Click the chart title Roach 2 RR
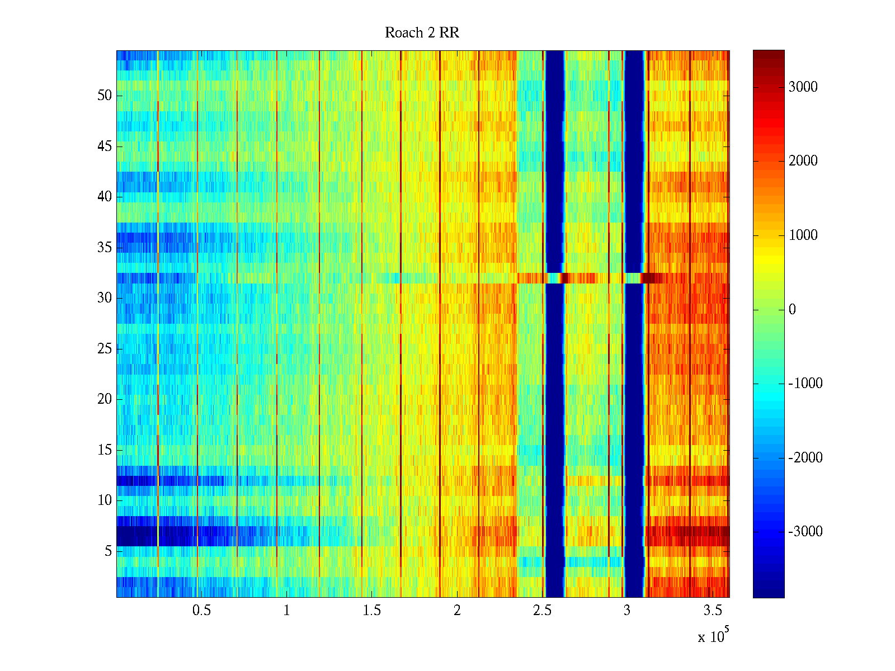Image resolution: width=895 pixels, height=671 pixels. click(x=422, y=33)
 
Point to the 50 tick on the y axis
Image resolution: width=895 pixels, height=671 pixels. click(x=105, y=95)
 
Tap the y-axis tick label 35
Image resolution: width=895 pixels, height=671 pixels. click(x=105, y=247)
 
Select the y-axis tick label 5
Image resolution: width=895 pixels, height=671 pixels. click(x=108, y=551)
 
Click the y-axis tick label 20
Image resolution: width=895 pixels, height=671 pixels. click(x=105, y=399)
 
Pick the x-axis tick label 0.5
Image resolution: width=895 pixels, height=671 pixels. click(x=201, y=611)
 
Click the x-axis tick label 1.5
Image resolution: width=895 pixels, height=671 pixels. click(x=371, y=611)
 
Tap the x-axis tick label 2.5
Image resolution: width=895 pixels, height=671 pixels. click(x=541, y=611)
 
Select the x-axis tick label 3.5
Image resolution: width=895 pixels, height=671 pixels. click(x=712, y=611)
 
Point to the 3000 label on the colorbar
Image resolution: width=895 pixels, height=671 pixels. click(x=803, y=87)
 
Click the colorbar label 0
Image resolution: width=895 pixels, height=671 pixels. click(x=792, y=309)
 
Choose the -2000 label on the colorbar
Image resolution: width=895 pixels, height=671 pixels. click(x=805, y=457)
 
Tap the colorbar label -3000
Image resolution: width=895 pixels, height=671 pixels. click(x=805, y=531)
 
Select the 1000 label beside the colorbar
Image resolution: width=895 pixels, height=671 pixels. click(x=803, y=235)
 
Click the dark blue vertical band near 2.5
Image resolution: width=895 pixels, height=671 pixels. click(x=554, y=391)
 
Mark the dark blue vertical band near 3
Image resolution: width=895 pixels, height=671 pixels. click(x=634, y=391)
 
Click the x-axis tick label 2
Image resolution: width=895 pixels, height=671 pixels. click(x=457, y=611)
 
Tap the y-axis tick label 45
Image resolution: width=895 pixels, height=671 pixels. click(x=105, y=146)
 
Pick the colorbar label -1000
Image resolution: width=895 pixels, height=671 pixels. click(x=805, y=383)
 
